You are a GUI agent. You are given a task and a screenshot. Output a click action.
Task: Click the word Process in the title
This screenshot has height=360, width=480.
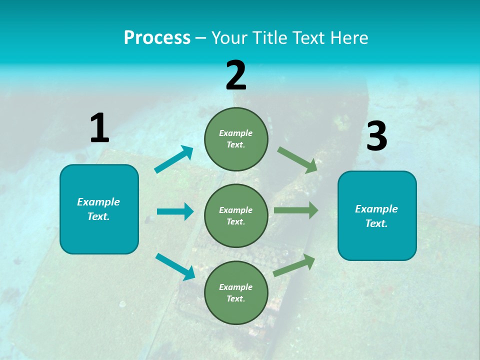point(157,37)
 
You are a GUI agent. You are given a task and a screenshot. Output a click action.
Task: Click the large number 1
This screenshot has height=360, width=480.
point(99,128)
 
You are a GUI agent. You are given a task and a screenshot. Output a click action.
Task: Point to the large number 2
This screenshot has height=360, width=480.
point(236,75)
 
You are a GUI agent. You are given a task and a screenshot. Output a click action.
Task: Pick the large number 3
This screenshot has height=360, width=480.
point(376,136)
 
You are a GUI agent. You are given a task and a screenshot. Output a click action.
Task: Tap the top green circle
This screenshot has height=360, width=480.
point(236,139)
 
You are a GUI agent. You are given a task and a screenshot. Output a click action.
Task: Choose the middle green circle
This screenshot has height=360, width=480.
point(236,215)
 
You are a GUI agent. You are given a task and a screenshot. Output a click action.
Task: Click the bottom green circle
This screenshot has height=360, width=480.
point(236,292)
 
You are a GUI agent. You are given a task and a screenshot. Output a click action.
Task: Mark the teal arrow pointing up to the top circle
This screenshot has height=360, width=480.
point(174,159)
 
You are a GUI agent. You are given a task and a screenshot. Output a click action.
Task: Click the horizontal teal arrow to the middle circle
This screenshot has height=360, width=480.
point(175,211)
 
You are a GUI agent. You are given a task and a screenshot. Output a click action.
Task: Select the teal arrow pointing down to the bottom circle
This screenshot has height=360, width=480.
point(175,266)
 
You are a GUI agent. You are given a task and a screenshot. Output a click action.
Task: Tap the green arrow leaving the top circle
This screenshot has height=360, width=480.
point(297,160)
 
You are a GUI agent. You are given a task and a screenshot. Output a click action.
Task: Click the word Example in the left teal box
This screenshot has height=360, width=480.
point(98,202)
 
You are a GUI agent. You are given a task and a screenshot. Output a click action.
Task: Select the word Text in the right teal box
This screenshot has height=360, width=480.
point(376,223)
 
